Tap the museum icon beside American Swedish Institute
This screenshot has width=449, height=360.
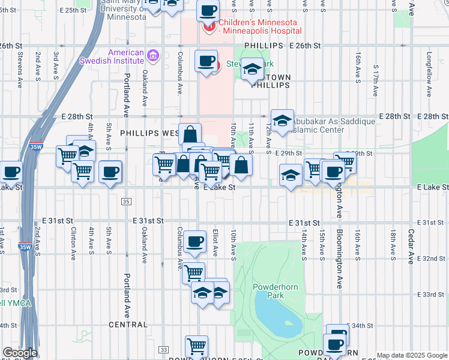pyautogui.click(x=152, y=56)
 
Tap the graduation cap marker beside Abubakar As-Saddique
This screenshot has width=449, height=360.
pyautogui.click(x=282, y=121)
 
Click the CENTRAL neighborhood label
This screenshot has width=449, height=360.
pyautogui.click(x=128, y=325)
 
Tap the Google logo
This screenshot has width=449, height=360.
pyautogui.click(x=20, y=353)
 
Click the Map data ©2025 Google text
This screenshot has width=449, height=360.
pyautogui.click(x=412, y=355)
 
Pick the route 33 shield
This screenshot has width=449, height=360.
pyautogui.click(x=163, y=349)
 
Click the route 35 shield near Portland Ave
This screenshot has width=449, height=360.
pyautogui.click(x=125, y=202)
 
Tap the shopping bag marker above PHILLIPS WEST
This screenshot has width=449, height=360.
pyautogui.click(x=190, y=134)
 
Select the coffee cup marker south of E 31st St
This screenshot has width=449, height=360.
pyautogui.click(x=194, y=242)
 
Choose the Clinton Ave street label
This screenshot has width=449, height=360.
pyautogui.click(x=73, y=238)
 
